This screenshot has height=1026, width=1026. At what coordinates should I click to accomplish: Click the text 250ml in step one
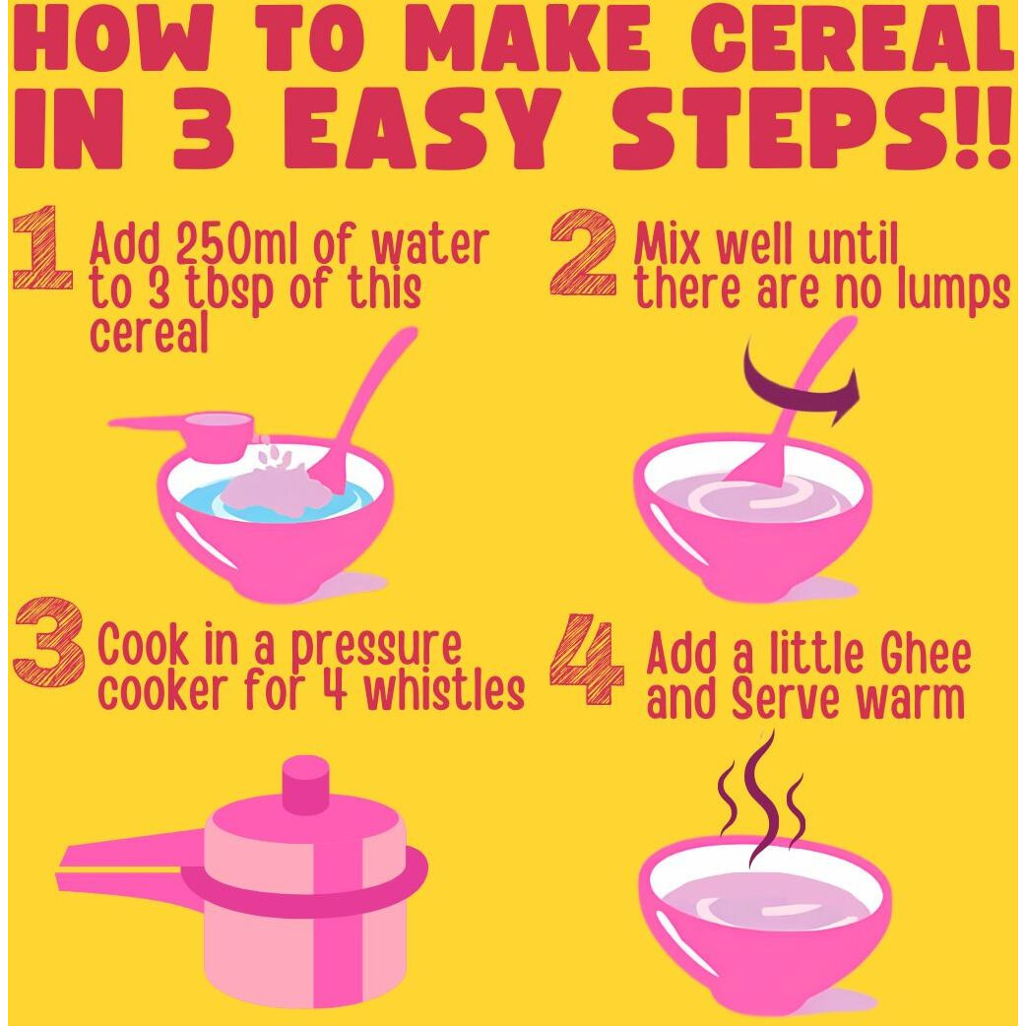click(223, 245)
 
